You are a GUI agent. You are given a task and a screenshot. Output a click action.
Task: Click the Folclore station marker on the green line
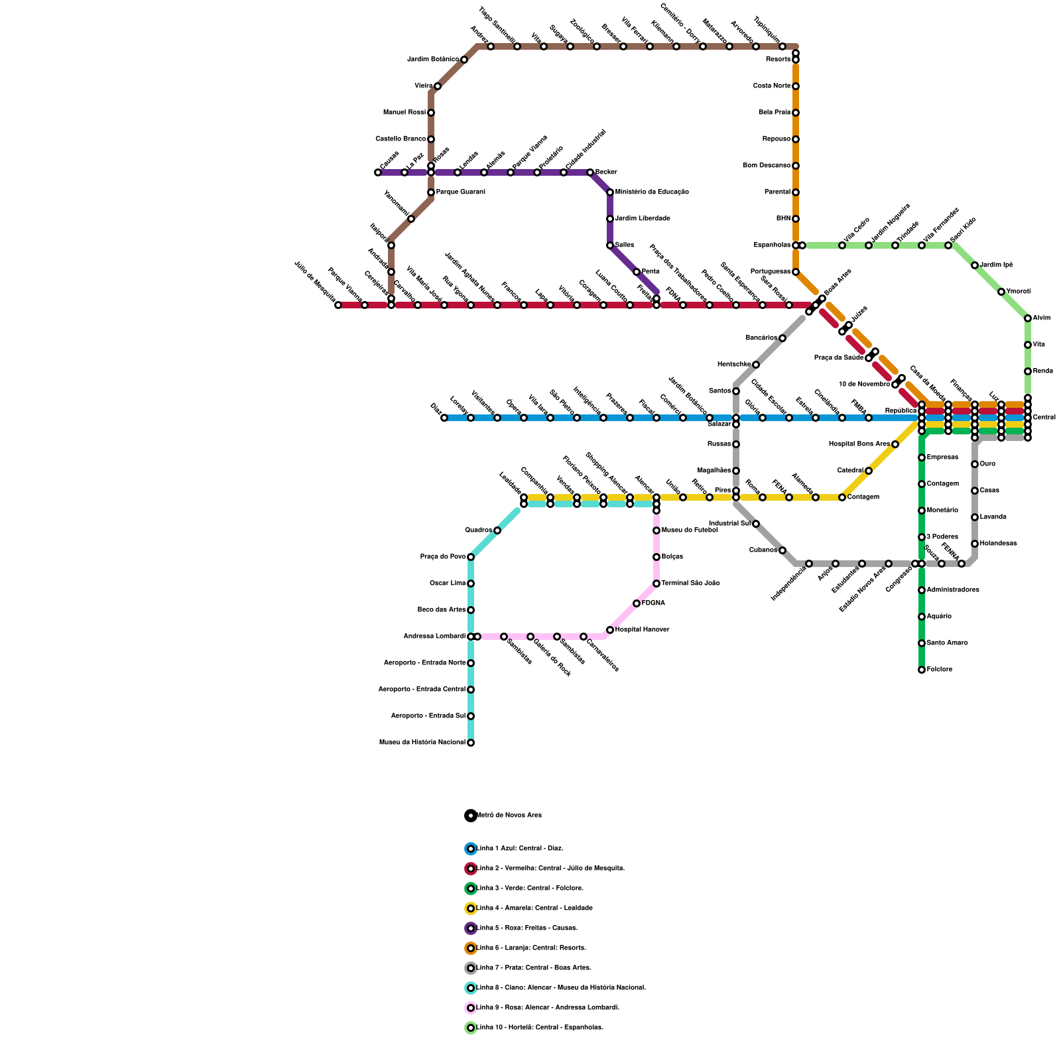(922, 670)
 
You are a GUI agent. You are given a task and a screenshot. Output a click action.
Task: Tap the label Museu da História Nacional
(422, 743)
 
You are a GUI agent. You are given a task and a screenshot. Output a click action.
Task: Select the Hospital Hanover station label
(642, 630)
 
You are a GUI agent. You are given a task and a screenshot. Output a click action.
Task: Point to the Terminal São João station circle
(656, 584)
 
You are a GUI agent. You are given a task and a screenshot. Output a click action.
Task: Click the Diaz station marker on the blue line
(444, 418)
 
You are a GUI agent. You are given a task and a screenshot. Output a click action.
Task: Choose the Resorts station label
(778, 60)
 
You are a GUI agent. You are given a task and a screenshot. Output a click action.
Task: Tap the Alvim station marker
(1028, 318)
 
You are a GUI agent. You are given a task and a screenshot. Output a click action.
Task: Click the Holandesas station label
(998, 544)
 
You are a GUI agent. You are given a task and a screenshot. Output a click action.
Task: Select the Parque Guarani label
(460, 192)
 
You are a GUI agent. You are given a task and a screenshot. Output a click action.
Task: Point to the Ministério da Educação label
(652, 192)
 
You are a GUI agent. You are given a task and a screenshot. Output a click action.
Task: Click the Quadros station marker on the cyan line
(497, 530)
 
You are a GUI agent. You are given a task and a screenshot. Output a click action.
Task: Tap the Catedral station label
(850, 471)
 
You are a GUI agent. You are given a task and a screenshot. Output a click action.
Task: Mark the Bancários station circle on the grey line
(782, 338)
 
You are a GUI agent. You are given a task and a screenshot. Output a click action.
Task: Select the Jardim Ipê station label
(996, 265)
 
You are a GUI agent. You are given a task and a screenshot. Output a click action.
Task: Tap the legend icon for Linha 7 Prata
(471, 968)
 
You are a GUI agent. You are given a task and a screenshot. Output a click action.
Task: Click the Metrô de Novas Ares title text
(509, 816)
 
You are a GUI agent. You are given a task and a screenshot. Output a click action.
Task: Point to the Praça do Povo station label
(443, 557)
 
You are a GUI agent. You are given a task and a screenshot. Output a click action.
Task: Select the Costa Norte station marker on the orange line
(796, 86)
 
